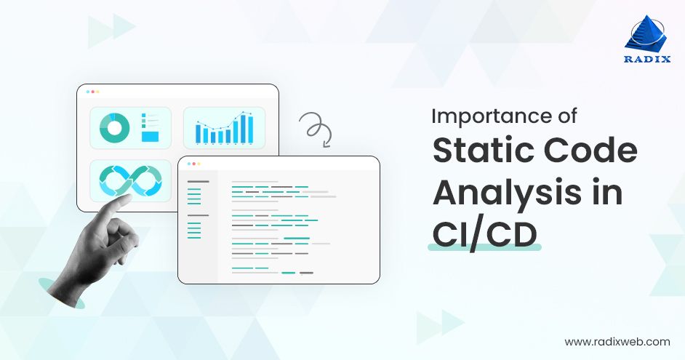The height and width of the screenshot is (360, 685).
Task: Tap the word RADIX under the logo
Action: [645, 60]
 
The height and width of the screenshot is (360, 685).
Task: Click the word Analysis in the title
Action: [502, 193]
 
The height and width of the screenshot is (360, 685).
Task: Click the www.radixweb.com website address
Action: [617, 341]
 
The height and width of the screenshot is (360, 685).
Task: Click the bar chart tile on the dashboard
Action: [224, 128]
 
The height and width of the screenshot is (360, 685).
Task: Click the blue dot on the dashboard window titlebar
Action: [87, 92]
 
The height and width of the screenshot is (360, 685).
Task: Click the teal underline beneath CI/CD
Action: [484, 249]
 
